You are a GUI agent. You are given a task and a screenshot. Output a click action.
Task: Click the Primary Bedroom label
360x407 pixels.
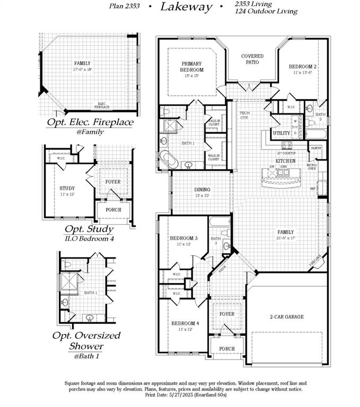point(191,67)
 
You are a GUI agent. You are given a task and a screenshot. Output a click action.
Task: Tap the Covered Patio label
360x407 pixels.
point(252,59)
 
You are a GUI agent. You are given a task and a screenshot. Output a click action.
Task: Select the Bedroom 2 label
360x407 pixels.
point(303,67)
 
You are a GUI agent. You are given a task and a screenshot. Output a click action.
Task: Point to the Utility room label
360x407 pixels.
point(281,133)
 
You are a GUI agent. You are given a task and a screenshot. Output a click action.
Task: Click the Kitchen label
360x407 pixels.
point(285,161)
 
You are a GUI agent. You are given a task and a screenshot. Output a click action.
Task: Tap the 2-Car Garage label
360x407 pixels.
point(286,317)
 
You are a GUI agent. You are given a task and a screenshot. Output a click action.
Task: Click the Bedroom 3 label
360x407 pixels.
point(183,238)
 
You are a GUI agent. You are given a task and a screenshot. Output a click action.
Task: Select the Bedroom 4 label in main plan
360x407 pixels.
point(185,323)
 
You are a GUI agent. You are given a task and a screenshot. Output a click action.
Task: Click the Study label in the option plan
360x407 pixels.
point(67,188)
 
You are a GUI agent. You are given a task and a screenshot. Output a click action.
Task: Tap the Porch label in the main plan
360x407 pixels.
point(227,349)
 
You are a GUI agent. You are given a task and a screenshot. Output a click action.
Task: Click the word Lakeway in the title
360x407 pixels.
point(186,7)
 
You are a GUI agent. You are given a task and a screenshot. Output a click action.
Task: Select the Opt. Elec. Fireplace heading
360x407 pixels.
point(90,122)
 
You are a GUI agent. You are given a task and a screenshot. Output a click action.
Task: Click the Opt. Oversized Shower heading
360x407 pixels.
point(86,341)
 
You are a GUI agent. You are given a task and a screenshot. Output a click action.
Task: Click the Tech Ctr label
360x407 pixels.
point(244,116)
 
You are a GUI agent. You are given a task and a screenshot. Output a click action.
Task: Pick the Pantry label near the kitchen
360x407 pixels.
point(316,148)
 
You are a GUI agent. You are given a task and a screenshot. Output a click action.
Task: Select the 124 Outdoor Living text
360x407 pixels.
point(266,11)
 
